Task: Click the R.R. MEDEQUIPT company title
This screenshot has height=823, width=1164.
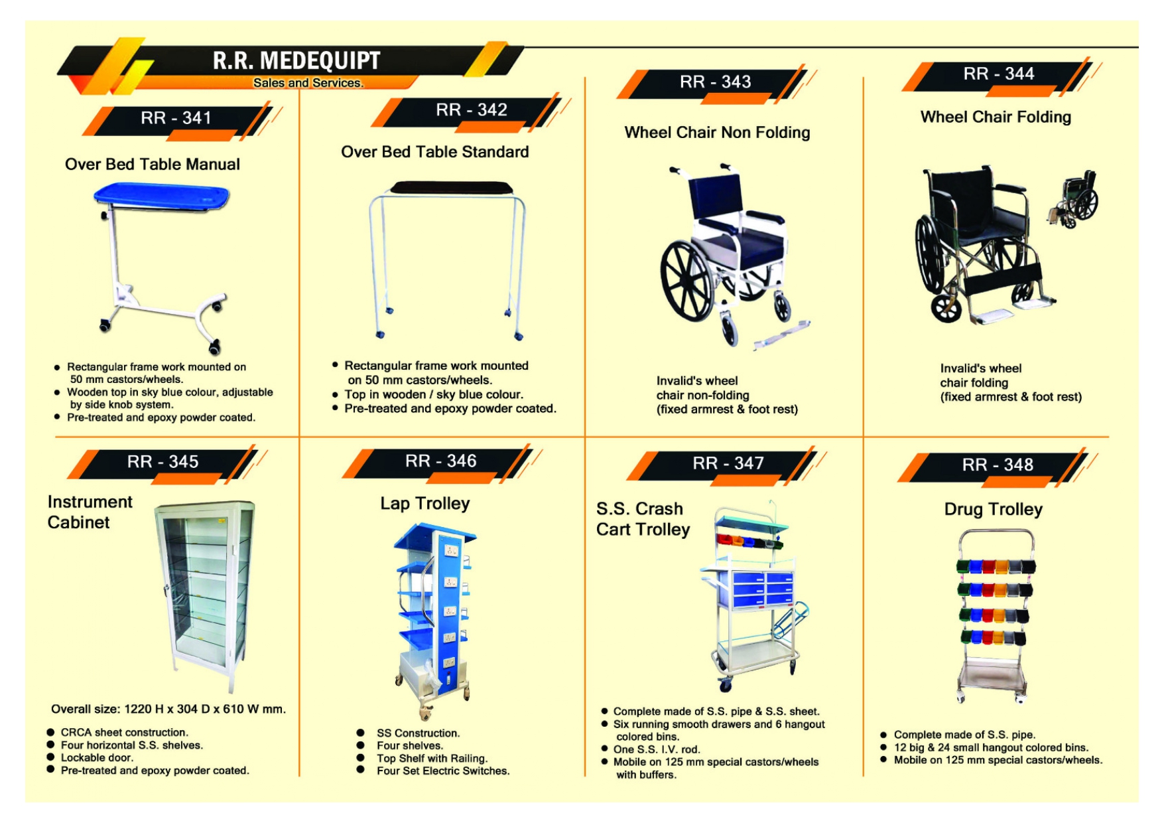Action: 296,60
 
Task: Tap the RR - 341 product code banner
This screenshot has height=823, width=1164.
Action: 176,118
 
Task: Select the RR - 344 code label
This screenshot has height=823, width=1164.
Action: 998,74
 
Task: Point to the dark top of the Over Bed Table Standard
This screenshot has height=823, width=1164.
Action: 451,188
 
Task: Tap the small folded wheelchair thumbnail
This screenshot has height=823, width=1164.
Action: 1075,199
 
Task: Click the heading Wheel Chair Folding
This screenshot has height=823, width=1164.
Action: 995,117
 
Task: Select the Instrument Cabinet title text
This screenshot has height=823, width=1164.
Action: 90,512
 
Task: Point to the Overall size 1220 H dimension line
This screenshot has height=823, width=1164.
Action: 168,709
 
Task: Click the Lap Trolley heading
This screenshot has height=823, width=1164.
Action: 424,504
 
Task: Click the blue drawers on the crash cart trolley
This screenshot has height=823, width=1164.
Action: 763,587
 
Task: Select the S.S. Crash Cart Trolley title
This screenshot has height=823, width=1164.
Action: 642,519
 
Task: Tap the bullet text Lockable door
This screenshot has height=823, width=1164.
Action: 97,758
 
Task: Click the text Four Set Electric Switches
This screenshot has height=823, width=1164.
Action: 442,771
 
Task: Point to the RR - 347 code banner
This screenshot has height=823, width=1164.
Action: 728,463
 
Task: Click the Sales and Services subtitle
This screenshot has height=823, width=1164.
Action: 308,83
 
